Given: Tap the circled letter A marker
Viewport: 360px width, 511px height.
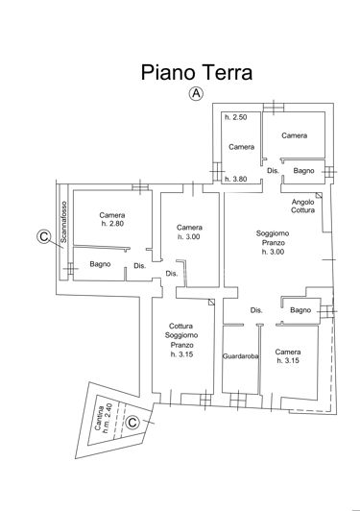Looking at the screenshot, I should (x=195, y=93).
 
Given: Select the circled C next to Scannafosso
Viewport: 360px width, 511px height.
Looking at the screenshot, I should (x=42, y=235).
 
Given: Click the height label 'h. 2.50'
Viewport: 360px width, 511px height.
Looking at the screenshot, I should (x=235, y=117).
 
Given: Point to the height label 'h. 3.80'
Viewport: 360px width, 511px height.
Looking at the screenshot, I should (x=235, y=179).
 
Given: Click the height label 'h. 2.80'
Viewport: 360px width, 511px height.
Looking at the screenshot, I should (x=113, y=225).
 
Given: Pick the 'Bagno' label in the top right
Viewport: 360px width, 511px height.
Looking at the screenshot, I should (x=304, y=171).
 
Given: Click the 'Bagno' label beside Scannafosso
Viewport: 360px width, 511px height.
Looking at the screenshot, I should (x=100, y=264).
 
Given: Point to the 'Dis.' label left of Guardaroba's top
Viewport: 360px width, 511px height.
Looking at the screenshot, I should (x=256, y=310).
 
